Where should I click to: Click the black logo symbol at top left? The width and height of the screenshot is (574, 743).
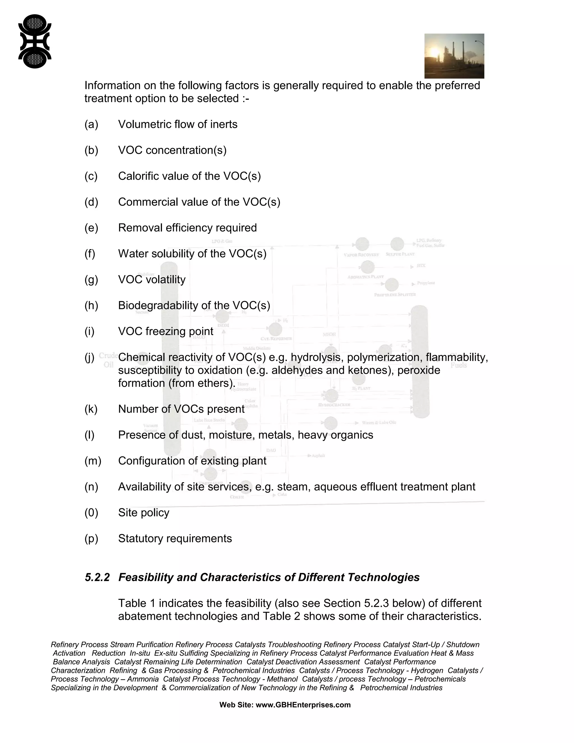coord(35,41)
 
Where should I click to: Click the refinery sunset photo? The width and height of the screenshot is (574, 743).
coord(454,56)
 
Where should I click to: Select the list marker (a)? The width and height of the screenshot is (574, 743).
coord(91,124)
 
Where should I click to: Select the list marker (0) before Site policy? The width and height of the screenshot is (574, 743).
coord(91,513)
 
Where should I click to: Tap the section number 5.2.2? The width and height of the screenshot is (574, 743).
coord(97,577)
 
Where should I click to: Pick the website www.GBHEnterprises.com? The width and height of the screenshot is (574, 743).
coord(303,705)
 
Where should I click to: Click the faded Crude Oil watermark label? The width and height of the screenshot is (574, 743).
coord(108,360)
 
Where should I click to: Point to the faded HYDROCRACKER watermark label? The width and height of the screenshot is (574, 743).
coord(334,405)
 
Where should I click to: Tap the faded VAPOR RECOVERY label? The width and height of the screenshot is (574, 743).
coord(361,255)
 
